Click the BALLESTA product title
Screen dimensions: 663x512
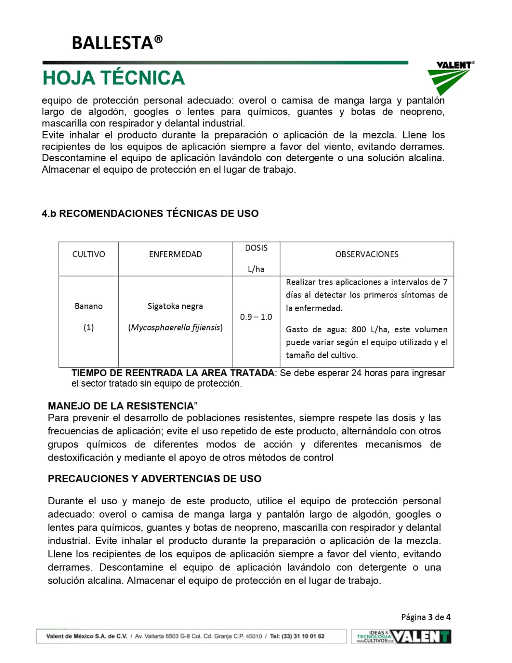(x=117, y=43)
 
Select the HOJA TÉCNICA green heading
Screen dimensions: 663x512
(x=114, y=78)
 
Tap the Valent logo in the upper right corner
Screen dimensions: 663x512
(x=451, y=77)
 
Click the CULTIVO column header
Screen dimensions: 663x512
(x=89, y=254)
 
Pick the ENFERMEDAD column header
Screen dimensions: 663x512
(x=175, y=254)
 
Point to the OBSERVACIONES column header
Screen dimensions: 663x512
(x=367, y=254)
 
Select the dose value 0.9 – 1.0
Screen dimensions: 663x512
(x=256, y=317)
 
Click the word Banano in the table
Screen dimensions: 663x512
(x=89, y=306)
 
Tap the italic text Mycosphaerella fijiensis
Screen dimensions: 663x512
(x=176, y=327)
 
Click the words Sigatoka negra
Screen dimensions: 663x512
(x=175, y=306)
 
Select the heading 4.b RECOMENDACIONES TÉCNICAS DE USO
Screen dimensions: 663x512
(x=150, y=213)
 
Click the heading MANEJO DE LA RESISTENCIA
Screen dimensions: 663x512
(x=121, y=406)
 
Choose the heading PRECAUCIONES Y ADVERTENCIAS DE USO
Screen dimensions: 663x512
(x=155, y=479)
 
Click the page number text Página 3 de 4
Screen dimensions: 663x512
(x=425, y=617)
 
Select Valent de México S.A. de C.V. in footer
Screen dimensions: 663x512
(x=87, y=636)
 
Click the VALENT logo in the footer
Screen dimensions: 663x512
(x=421, y=636)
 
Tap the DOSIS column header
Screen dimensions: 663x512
(x=256, y=248)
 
